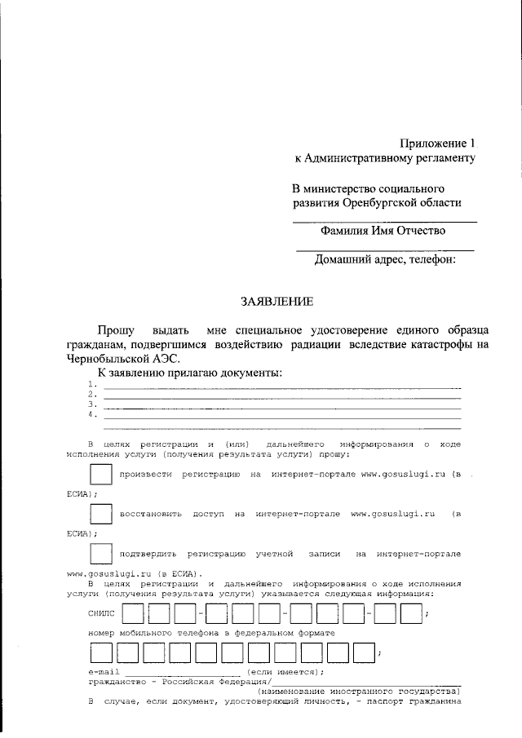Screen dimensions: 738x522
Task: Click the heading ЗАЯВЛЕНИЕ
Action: pos(276,302)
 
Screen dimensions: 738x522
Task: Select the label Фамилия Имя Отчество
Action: pos(383,232)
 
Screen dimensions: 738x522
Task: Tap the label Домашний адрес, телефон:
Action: pos(384,260)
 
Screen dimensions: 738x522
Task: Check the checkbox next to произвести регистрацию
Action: pos(101,475)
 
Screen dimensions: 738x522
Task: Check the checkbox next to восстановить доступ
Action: pos(101,515)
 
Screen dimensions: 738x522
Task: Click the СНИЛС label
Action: pos(102,612)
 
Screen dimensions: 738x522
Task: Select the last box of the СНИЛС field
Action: pos(410,612)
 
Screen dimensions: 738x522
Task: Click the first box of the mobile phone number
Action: pos(101,652)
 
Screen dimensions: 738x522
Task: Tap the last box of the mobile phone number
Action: pos(361,652)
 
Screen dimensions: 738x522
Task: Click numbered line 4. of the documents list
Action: pos(277,414)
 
